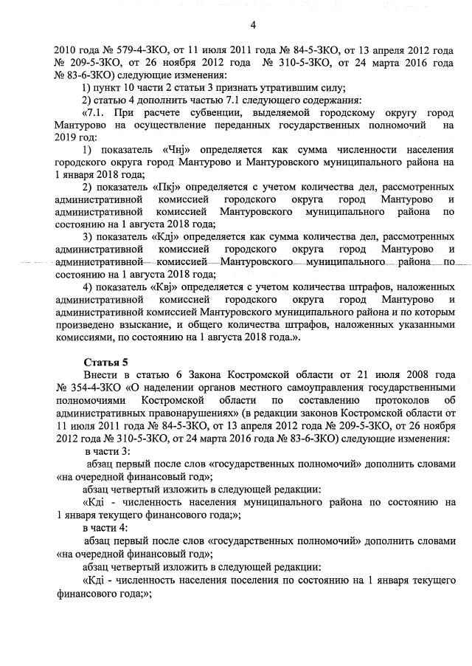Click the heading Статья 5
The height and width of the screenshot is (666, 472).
pos(106,362)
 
